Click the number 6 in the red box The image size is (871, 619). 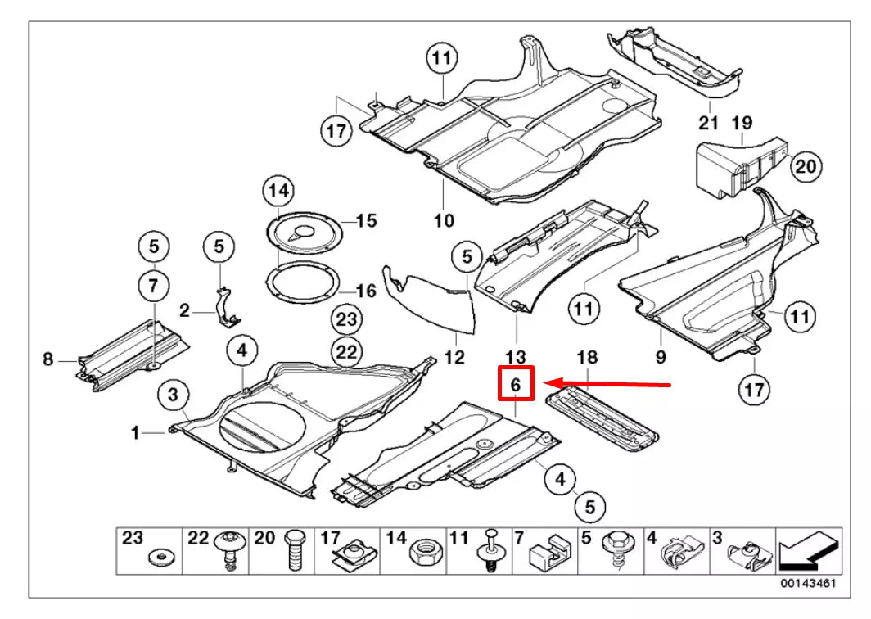coord(516,383)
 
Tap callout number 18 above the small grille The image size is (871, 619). coord(587,357)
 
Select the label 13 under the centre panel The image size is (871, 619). coord(517,357)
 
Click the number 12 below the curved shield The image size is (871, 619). coord(454,357)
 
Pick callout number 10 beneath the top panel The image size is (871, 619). coord(443,220)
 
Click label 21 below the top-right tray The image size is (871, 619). coord(708,123)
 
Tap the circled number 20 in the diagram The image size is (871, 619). coord(806,167)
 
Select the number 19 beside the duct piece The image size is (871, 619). coord(742,123)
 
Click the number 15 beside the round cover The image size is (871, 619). coord(365,220)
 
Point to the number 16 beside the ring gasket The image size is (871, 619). coord(365,291)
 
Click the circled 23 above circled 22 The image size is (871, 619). coord(346,319)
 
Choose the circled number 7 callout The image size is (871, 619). coord(153,286)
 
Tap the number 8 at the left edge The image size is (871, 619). coord(48,359)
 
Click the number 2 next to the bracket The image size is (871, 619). coord(185,310)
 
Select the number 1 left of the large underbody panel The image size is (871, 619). coord(136,432)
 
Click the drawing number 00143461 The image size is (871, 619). coord(807,582)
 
